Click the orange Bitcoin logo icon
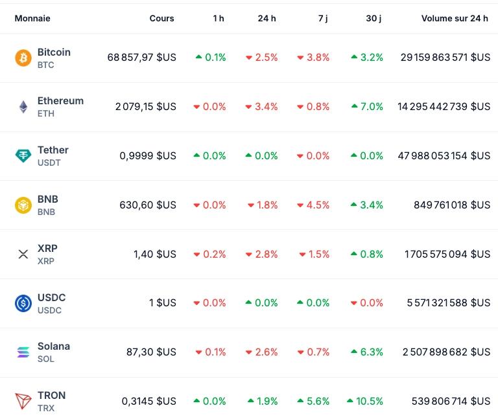23,58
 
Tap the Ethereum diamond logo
23,107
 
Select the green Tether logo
23,156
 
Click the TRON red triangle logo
23,402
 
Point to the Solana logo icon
23,352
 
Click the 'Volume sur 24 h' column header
455,18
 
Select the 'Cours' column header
161,18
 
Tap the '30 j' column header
373,18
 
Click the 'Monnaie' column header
32,18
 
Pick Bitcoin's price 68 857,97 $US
141,58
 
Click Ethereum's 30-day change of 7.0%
367,107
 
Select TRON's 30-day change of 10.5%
365,402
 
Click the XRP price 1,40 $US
154,255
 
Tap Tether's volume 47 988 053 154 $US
444,156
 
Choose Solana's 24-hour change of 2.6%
262,352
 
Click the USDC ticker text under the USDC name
49,310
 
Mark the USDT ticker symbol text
49,163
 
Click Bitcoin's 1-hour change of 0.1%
211,58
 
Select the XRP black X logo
23,255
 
